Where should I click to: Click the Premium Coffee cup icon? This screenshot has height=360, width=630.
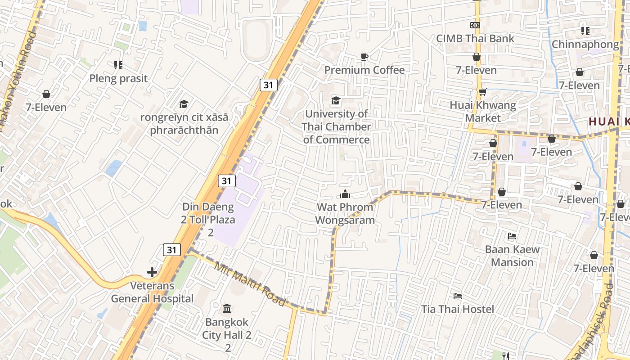pos(364,57)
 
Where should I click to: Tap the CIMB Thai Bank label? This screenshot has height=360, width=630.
pos(475,39)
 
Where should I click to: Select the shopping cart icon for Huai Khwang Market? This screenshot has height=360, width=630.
pos(482,92)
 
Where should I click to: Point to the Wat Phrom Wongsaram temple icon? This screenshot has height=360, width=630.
pos(345,194)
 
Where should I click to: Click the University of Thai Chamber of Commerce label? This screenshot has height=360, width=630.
pos(336,127)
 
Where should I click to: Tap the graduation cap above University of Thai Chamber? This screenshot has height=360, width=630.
pos(336,100)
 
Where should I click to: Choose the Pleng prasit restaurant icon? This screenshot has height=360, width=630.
pos(118,65)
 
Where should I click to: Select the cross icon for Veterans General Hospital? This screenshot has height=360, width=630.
pos(152,272)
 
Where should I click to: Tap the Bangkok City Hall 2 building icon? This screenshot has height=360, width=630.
pos(227,309)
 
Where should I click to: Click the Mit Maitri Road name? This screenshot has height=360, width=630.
pos(250,284)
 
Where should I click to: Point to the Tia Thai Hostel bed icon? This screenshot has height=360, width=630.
pos(458,296)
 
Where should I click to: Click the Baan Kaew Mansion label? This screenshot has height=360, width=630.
pos(512,256)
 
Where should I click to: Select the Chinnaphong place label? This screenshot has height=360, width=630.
pos(585,45)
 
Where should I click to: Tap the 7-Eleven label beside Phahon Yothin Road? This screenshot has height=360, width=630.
pos(46,107)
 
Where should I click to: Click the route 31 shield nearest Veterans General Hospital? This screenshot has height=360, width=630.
pos(171,250)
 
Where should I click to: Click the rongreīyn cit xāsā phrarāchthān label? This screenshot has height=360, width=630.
pos(184,124)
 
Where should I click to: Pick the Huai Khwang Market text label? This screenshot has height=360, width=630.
pos(483,112)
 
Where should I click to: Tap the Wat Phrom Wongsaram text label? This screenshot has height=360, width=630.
pos(345,214)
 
